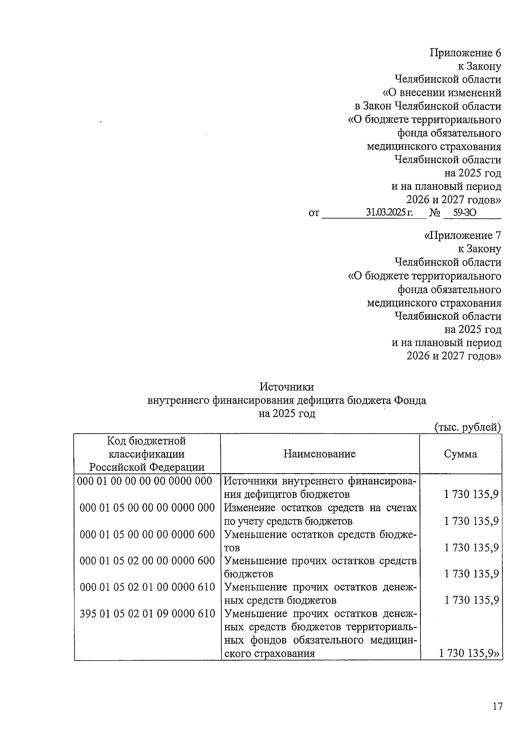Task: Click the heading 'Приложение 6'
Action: pyautogui.click(x=465, y=53)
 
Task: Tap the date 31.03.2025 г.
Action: pyautogui.click(x=389, y=213)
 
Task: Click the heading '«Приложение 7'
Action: pyautogui.click(x=462, y=235)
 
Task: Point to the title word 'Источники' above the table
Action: pyautogui.click(x=287, y=387)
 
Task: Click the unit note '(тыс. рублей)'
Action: pyautogui.click(x=467, y=427)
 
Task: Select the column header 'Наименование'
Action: pyautogui.click(x=319, y=454)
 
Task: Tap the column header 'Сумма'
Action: pyautogui.click(x=460, y=454)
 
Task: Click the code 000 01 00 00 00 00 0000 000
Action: pyautogui.click(x=145, y=481)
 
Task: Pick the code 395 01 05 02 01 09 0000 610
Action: pyautogui.click(x=147, y=614)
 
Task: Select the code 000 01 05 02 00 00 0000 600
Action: pyautogui.click(x=147, y=561)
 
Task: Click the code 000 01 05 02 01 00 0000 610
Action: pyautogui.click(x=147, y=587)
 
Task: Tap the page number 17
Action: pyautogui.click(x=497, y=707)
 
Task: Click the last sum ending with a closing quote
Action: pyautogui.click(x=470, y=654)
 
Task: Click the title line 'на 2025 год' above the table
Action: pyautogui.click(x=287, y=414)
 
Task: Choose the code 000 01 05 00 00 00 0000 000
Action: pyautogui.click(x=147, y=508)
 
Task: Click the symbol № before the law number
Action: pyautogui.click(x=435, y=213)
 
